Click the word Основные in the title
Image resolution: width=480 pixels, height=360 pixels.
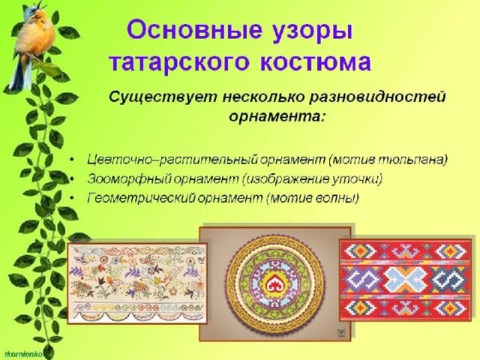pyautogui.click(x=194, y=31)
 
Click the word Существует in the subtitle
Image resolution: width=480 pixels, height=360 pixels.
pyautogui.click(x=163, y=97)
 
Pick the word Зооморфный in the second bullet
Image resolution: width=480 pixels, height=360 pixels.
pyautogui.click(x=129, y=179)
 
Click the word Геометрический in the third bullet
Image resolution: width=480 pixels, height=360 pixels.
pyautogui.click(x=141, y=198)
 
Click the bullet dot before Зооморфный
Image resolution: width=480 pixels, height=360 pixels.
pyautogui.click(x=72, y=180)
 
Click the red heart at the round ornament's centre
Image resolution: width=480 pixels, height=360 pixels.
pyautogui.click(x=274, y=284)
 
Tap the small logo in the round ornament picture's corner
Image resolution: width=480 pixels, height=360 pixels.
pyautogui.click(x=341, y=333)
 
